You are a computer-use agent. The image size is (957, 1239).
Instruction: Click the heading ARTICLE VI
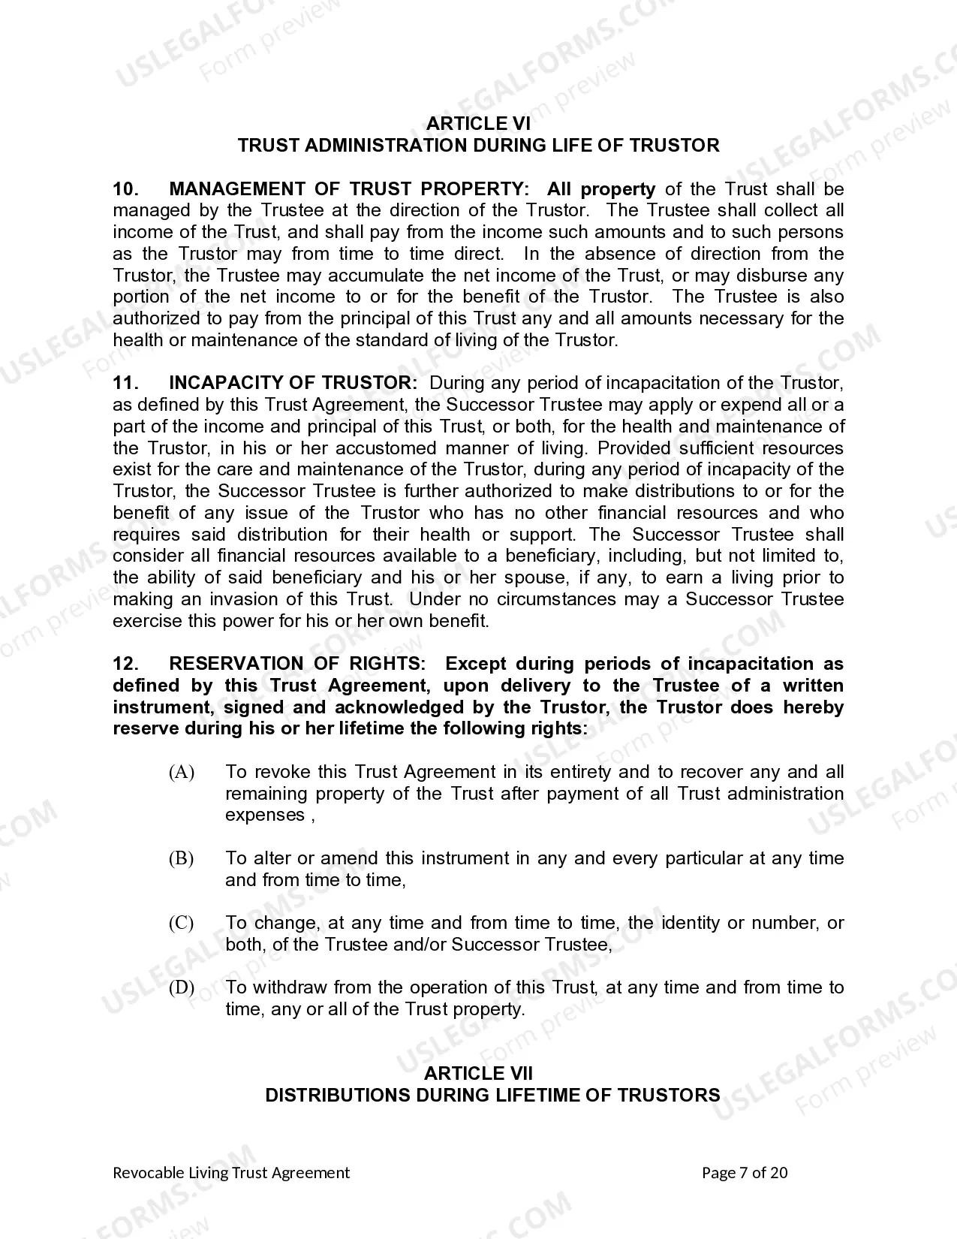point(478,123)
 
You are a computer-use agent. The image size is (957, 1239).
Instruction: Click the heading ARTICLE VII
point(478,1073)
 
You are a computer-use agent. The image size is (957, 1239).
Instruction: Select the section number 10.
point(125,189)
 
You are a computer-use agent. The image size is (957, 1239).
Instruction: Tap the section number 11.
point(125,383)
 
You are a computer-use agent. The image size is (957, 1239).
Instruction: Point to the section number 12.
point(125,664)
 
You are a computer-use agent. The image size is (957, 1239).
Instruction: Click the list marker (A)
point(182,772)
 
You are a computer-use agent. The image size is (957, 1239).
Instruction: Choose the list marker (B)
point(182,858)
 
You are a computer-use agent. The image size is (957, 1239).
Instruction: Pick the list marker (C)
point(182,923)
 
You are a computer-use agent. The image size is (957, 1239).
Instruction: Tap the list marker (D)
point(182,987)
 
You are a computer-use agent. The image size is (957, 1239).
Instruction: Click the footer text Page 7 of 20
point(745,1173)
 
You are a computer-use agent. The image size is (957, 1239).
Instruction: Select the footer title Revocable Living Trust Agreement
point(231,1173)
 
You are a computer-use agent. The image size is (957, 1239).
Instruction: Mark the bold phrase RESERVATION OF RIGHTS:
point(297,664)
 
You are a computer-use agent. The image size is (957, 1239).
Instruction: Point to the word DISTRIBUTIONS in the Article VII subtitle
point(338,1095)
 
